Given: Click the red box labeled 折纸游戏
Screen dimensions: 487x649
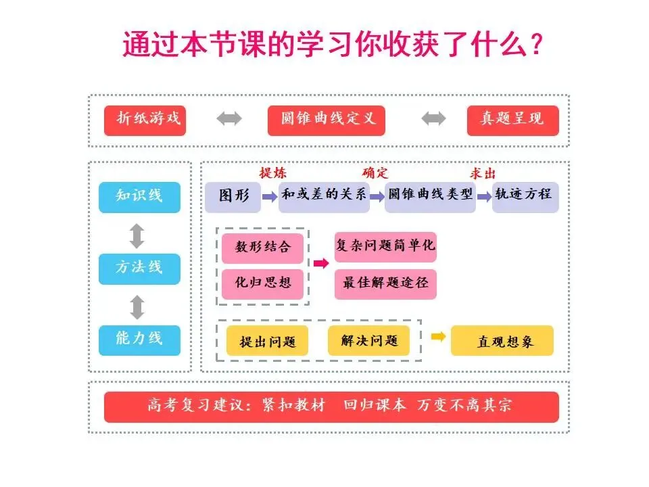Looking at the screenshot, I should (x=145, y=120).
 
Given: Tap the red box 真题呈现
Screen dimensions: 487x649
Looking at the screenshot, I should (x=512, y=120).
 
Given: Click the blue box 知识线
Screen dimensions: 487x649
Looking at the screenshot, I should (x=139, y=197).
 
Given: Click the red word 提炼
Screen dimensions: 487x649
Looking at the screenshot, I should (x=273, y=173).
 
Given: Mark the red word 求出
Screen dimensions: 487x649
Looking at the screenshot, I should (x=483, y=173).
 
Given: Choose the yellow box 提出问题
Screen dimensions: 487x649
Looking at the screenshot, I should (x=266, y=341).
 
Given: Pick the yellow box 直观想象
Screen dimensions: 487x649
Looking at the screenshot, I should (x=502, y=341).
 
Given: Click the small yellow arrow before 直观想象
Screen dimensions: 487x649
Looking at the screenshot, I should (x=438, y=336).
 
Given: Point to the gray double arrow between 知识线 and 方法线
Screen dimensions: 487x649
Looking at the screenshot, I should (x=137, y=235).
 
